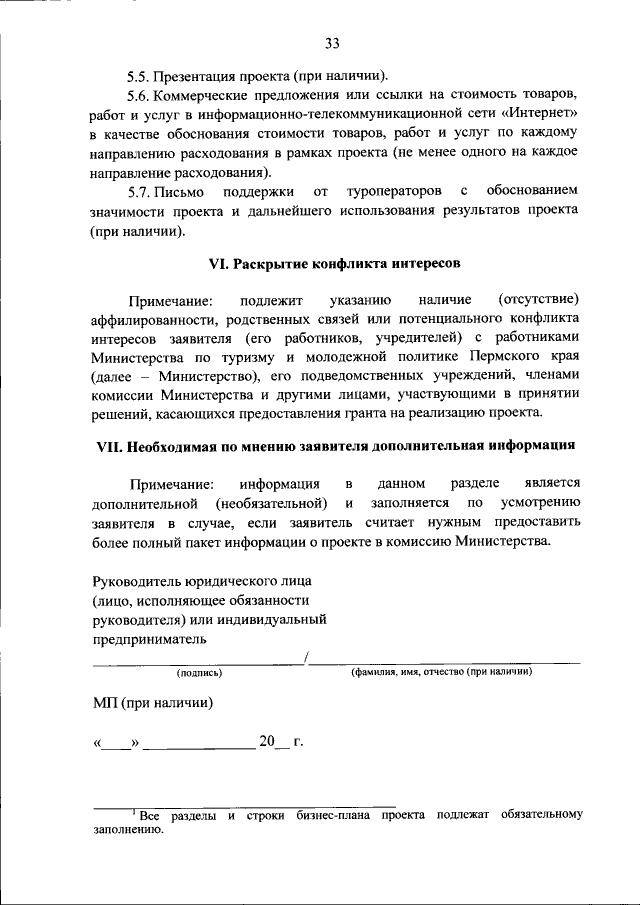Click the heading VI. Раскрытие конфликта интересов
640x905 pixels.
tap(334, 264)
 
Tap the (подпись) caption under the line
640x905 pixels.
tap(200, 673)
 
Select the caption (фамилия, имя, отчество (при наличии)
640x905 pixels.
tap(440, 673)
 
